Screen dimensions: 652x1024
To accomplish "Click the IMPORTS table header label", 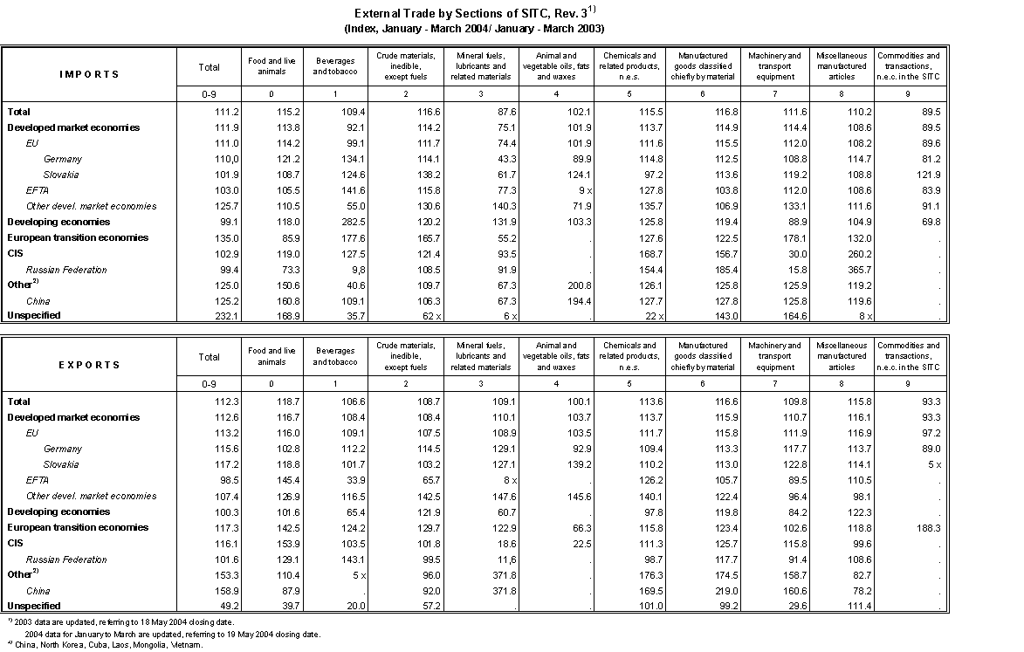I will coord(89,74).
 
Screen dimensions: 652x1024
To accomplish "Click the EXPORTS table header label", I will coord(89,364).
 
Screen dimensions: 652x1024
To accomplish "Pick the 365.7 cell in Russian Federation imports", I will coord(836,270).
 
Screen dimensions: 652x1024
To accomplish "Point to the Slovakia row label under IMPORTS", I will coord(61,175).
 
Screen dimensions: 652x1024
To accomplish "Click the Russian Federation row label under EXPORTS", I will coord(66,559).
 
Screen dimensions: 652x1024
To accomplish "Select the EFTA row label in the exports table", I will coord(37,480).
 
